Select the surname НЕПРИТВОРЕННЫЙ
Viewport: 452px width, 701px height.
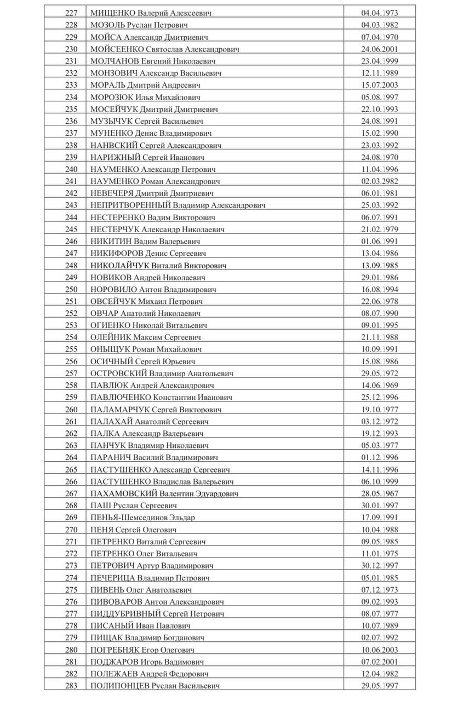130,205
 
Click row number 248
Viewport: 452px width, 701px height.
71,266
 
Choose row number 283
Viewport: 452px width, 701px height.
71,686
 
